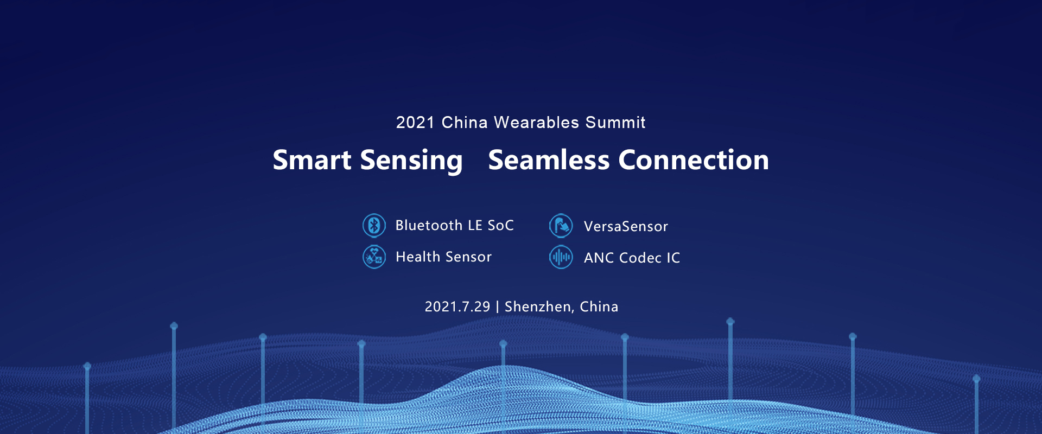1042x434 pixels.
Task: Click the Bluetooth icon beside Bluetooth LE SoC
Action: coord(374,226)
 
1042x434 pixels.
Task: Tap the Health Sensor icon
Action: coord(374,257)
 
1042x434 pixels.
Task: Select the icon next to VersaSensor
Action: coord(561,226)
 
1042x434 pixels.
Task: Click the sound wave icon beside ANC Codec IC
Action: coord(561,257)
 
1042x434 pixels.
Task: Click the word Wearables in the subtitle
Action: coord(537,123)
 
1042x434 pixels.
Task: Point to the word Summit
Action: coord(615,123)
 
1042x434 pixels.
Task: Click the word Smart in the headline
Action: coord(312,160)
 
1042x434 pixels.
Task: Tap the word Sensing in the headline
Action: coord(411,161)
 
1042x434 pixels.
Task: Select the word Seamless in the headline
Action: coord(549,160)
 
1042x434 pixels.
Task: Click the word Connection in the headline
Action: coord(694,160)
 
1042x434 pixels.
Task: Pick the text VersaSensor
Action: coord(626,226)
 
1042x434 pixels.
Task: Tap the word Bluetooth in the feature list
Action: coord(429,225)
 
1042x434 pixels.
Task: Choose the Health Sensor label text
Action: coord(443,257)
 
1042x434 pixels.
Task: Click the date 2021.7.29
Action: coord(458,307)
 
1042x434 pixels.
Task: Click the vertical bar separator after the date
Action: coord(497,307)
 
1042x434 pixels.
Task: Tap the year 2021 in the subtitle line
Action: coord(415,123)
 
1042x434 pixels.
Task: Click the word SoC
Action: coord(500,225)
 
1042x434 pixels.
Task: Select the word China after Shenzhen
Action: coord(599,307)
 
